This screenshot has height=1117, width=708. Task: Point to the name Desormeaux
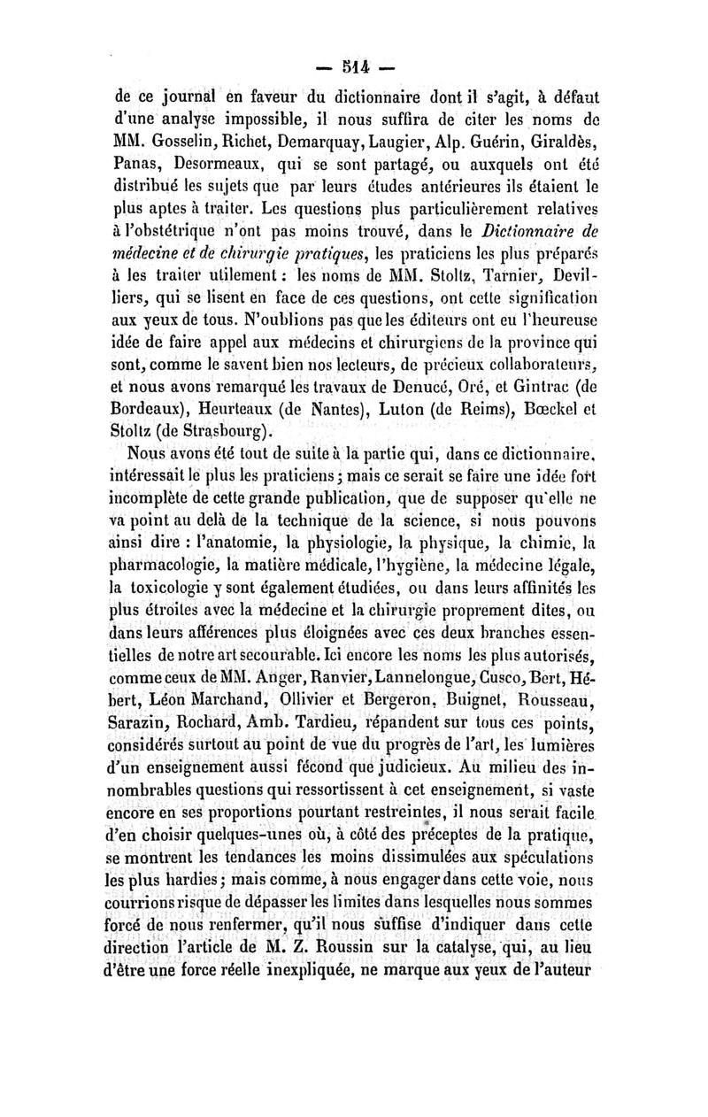pyautogui.click(x=234, y=164)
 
